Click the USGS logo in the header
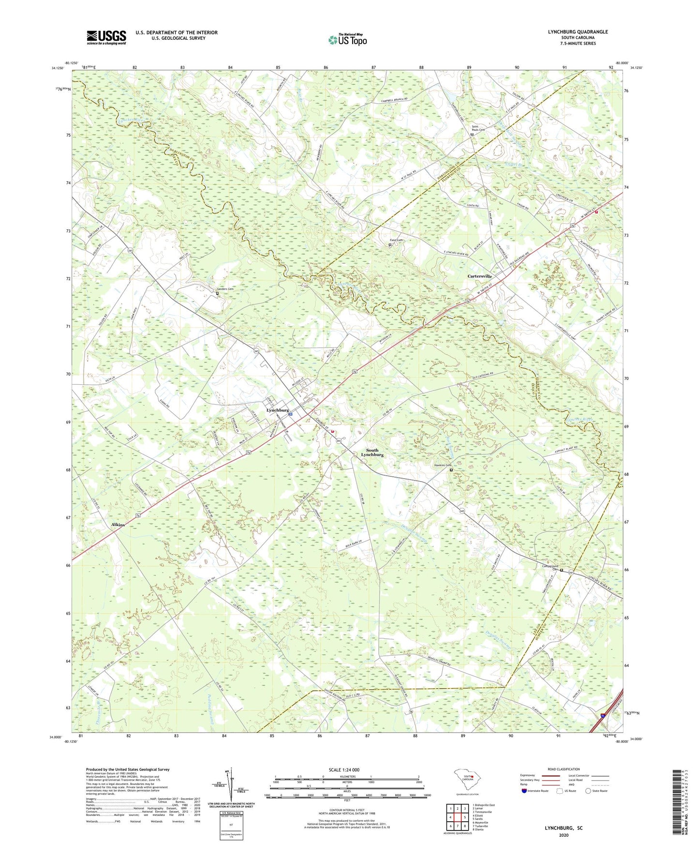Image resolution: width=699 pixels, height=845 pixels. [x=106, y=37]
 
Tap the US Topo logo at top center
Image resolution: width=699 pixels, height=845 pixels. [x=347, y=40]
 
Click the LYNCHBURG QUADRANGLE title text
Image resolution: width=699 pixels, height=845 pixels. [x=578, y=32]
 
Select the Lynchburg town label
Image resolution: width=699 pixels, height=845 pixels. [x=278, y=410]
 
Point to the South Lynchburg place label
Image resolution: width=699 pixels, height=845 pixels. [x=372, y=453]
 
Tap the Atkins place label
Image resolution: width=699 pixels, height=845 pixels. [x=118, y=525]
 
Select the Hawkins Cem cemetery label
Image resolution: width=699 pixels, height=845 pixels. [x=442, y=466]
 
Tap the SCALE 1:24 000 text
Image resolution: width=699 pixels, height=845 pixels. [x=343, y=770]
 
